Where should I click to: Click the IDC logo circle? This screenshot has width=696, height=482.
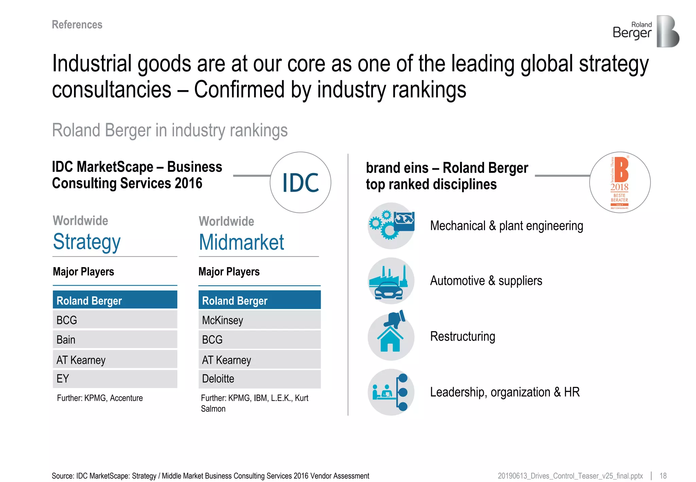[x=300, y=183]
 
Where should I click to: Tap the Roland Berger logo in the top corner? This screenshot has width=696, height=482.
[x=646, y=31]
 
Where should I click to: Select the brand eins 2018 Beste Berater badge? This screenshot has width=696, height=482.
[x=620, y=183]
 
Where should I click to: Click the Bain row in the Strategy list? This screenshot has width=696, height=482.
[x=115, y=340]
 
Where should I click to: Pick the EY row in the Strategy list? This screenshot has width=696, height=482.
[x=115, y=379]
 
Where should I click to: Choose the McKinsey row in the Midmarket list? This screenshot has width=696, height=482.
[x=259, y=320]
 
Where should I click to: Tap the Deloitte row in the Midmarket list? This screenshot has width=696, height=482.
[x=259, y=379]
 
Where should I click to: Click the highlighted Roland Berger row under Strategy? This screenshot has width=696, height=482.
[x=115, y=300]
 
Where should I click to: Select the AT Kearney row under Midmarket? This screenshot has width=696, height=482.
[x=259, y=360]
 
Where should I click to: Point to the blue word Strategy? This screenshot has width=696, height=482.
[x=87, y=242]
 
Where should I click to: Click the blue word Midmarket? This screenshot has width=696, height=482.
[x=241, y=242]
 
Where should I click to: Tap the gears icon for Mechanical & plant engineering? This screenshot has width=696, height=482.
[x=391, y=226]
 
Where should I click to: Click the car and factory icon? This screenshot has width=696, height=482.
[x=391, y=281]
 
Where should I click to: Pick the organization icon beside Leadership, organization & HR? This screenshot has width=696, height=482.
[x=391, y=392]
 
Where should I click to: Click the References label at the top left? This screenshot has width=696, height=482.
[x=77, y=24]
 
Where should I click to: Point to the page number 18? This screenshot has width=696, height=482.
[x=663, y=476]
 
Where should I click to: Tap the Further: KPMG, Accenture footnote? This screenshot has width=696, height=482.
[x=100, y=398]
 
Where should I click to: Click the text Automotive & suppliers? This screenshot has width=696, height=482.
[x=486, y=281]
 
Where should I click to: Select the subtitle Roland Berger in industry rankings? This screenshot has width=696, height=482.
[x=170, y=131]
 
